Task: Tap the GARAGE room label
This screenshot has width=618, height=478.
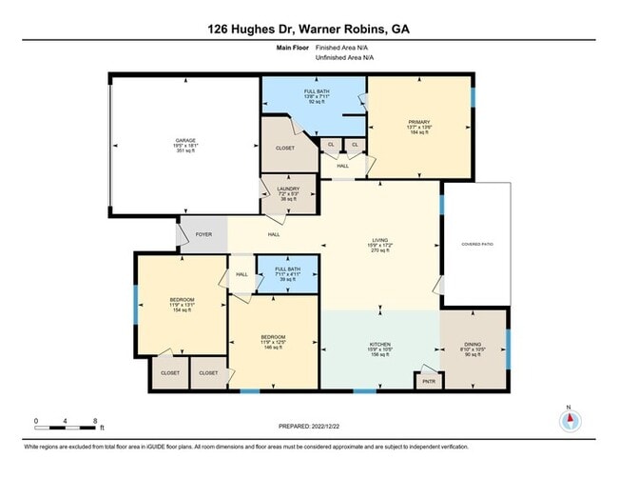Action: (x=184, y=141)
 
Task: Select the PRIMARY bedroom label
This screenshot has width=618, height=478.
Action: (x=419, y=123)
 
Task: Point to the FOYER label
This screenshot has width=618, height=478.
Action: (x=203, y=234)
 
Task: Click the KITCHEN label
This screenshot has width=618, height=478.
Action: (x=380, y=345)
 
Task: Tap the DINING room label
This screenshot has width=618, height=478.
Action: (x=473, y=345)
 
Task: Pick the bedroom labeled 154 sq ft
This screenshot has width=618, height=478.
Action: (x=182, y=306)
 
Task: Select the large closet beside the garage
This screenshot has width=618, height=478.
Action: (x=284, y=149)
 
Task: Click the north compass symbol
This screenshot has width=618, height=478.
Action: (x=570, y=423)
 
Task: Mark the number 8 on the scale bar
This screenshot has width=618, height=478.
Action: (x=95, y=420)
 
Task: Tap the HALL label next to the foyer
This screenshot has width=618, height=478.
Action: (x=274, y=234)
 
